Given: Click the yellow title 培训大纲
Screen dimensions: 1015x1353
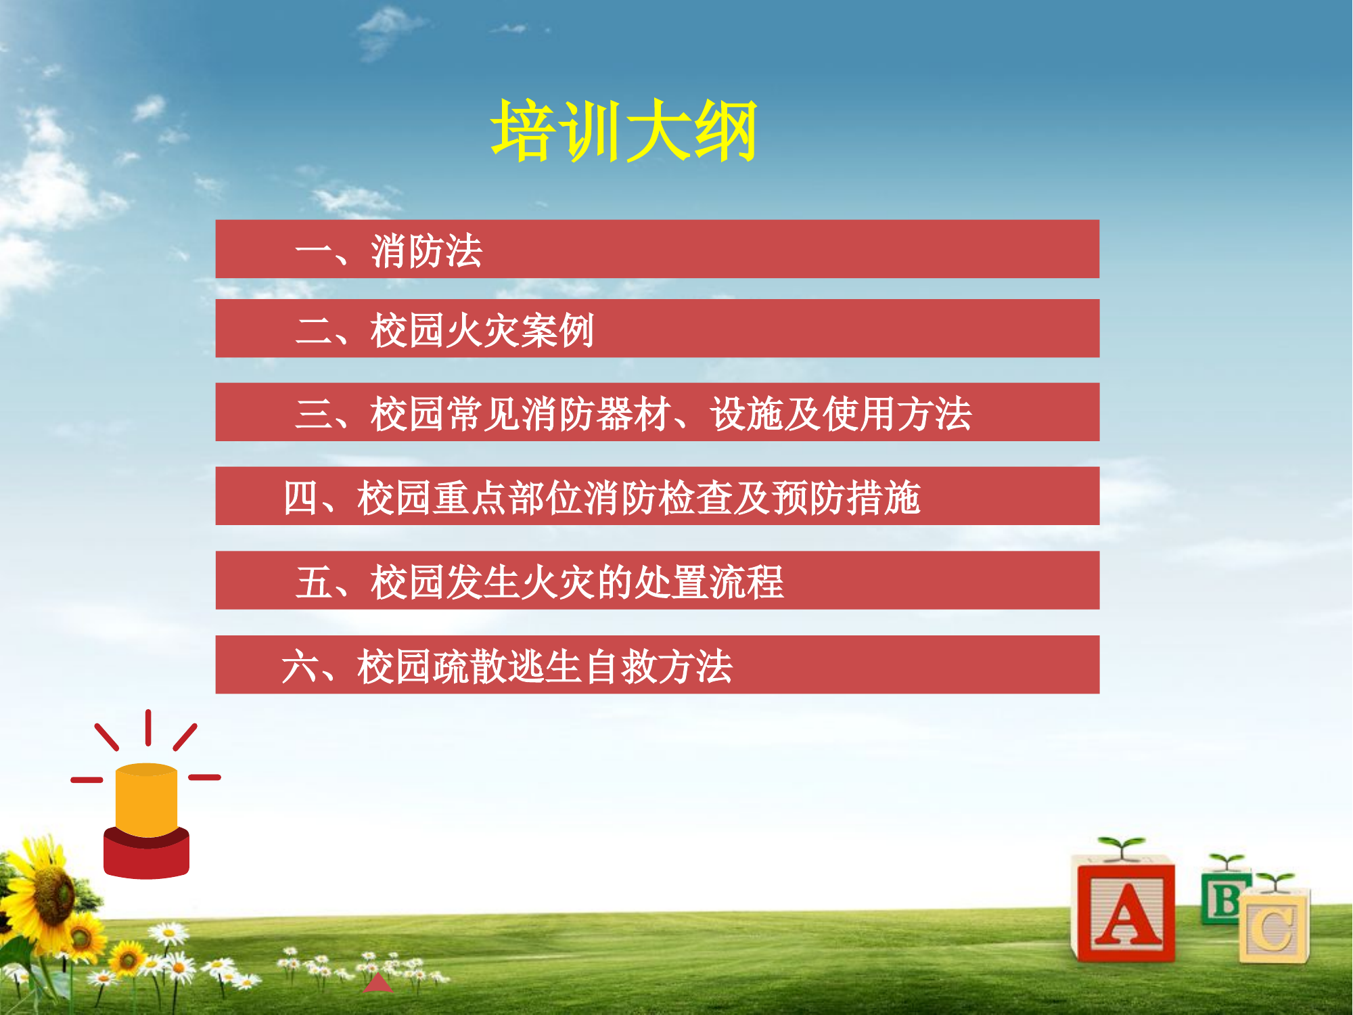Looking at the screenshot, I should click(x=623, y=131).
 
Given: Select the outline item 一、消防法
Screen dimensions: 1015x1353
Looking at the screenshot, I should click(x=389, y=251).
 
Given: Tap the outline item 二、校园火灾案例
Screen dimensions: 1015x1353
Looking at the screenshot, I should click(x=444, y=330).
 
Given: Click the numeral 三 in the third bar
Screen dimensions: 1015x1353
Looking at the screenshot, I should click(x=313, y=413).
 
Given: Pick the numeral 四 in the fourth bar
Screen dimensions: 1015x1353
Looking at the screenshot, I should click(x=300, y=497).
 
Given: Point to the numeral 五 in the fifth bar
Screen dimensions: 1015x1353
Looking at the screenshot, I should click(x=313, y=582).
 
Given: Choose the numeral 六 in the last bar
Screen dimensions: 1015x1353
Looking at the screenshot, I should click(x=300, y=667).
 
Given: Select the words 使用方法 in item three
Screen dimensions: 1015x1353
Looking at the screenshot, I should click(x=897, y=413).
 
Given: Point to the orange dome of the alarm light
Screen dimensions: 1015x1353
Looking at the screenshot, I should click(x=146, y=798).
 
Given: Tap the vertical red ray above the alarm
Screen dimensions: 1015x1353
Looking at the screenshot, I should click(x=147, y=727).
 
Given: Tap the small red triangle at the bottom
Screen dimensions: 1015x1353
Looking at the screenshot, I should click(x=377, y=984).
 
